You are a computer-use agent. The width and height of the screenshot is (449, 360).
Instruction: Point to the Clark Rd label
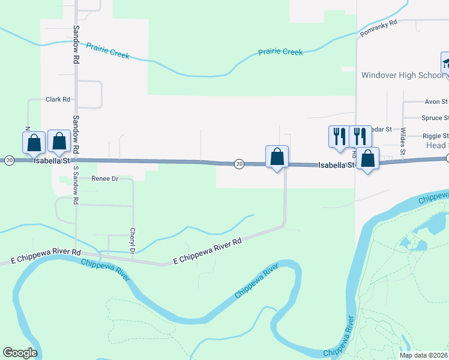coord(58,100)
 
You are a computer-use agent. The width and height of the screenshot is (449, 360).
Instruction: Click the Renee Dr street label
coord(105,179)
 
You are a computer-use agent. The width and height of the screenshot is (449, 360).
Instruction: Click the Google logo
coord(20,353)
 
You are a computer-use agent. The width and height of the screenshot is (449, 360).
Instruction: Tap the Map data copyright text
coord(424,355)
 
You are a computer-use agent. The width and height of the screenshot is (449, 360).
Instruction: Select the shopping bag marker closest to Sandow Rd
coord(59,142)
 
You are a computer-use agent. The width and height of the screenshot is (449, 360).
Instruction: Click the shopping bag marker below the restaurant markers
coord(368,159)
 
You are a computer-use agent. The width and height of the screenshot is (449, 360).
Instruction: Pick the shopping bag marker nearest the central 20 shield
coord(277,157)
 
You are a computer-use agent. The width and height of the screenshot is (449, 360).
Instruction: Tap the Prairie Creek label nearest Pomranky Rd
coord(280,52)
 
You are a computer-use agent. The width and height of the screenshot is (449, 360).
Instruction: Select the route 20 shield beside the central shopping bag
coord(239,164)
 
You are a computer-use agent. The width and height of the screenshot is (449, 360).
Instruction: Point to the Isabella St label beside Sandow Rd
coord(52,161)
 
